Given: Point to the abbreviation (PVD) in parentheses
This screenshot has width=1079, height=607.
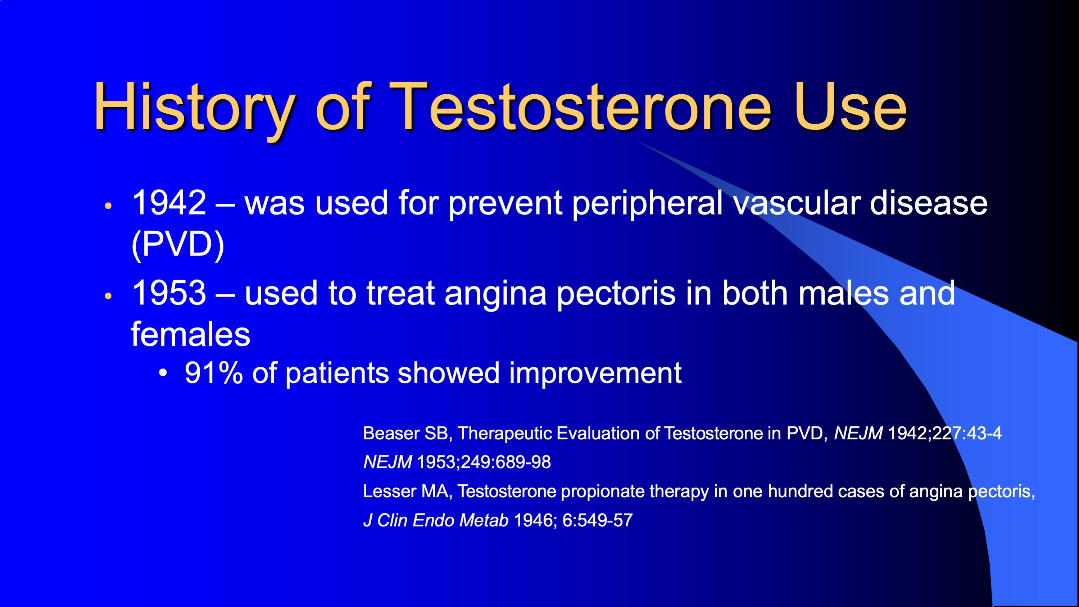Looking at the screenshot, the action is pos(178,245).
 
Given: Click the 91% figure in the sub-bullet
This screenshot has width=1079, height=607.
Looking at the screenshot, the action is pos(214,373).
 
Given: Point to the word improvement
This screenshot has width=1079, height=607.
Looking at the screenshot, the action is pos(595,374).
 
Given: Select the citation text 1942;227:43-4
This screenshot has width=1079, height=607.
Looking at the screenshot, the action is pos(945,433).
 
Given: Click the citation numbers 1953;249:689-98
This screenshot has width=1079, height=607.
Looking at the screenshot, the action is pos(484,462).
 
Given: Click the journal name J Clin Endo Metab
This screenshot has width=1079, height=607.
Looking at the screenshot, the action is pos(436,520).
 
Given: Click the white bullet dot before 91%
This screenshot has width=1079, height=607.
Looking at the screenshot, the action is pos(163,372).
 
